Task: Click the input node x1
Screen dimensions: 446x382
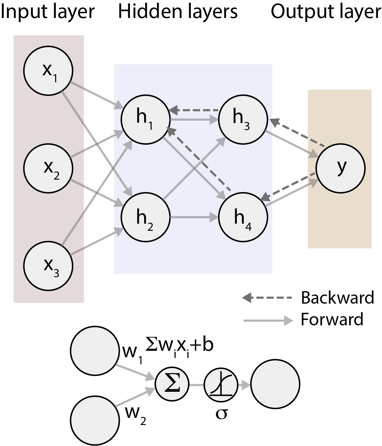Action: (48, 70)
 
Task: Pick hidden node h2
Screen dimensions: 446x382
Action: (146, 217)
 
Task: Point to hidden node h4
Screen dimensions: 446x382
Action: (243, 217)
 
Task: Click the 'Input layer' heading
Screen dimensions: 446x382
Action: (47, 12)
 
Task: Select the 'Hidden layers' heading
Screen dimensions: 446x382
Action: (178, 12)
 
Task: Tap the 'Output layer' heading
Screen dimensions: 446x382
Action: (326, 12)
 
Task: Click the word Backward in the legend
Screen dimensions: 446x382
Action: (337, 298)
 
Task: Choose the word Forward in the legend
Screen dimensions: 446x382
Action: (332, 319)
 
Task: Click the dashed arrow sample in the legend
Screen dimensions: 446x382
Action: (267, 298)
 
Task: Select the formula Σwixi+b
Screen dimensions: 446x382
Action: (179, 346)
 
